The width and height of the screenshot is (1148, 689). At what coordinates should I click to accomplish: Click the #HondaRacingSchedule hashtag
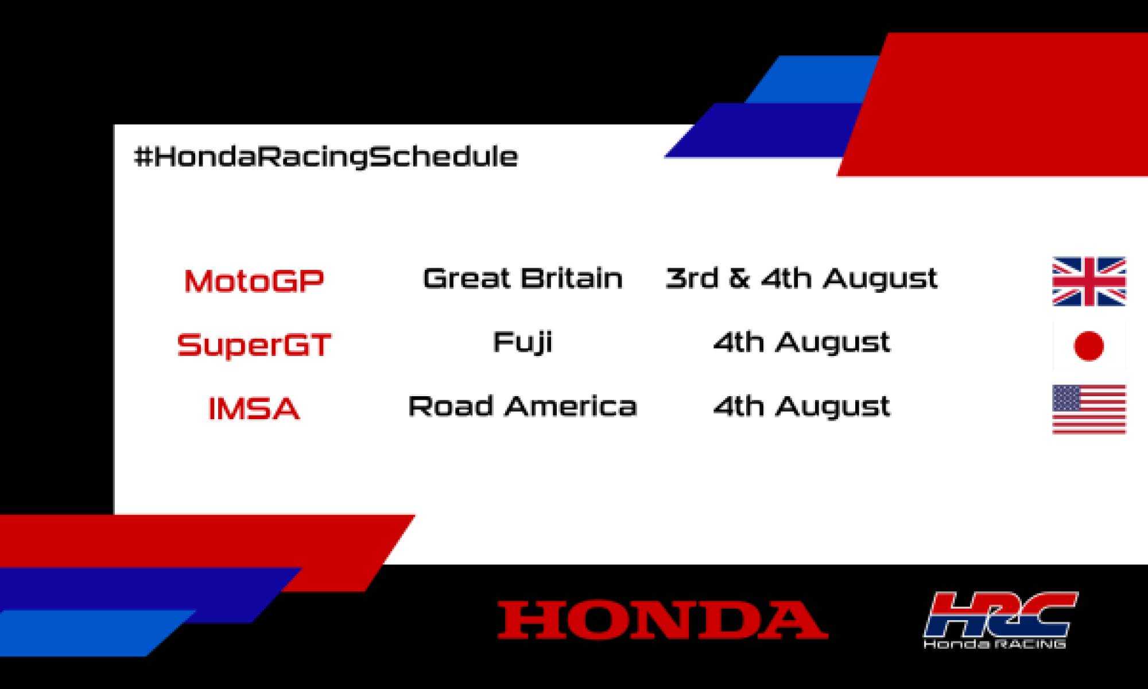tap(325, 157)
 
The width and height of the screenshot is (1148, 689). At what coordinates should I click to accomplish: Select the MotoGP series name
tap(254, 281)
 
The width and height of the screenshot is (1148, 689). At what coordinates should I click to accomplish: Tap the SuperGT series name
tap(254, 345)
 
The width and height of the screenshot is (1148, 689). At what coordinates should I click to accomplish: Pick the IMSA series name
tap(254, 409)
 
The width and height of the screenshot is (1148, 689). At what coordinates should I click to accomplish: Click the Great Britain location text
tap(522, 278)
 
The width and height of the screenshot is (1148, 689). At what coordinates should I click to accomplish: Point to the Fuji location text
tap(522, 343)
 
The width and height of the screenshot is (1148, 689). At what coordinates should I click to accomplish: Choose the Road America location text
tap(522, 407)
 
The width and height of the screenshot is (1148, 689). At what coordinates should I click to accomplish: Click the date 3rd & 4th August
tap(801, 278)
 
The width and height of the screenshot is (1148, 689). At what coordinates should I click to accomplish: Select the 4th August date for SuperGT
tap(801, 343)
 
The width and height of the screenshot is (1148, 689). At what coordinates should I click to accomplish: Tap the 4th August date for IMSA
tap(801, 407)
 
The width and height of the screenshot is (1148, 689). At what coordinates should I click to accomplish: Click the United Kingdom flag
tap(1089, 281)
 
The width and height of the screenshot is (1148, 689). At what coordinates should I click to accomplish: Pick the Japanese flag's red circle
tap(1088, 346)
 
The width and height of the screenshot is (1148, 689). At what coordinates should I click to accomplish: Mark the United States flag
tap(1089, 409)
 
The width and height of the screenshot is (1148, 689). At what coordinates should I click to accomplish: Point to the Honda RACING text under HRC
tap(995, 644)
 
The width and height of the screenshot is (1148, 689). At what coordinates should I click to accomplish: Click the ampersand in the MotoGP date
tap(739, 278)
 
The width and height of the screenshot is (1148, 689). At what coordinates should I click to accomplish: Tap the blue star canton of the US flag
tap(1066, 397)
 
